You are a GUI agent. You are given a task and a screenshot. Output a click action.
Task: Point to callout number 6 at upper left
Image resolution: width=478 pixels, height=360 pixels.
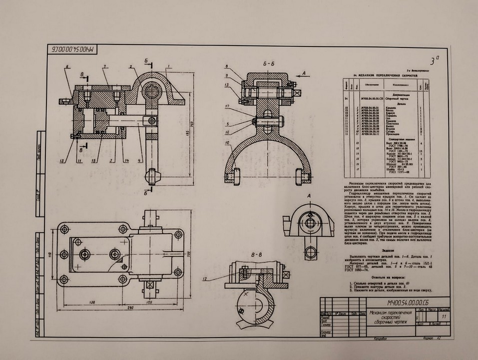point(66,66)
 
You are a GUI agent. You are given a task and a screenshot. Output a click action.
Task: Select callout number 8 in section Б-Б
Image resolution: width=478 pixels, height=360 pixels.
point(227,66)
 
